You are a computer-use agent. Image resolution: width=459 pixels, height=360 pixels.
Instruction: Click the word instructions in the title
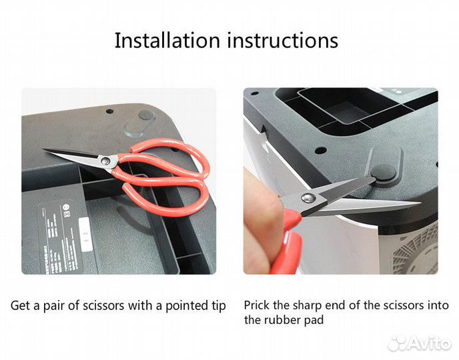point(283,40)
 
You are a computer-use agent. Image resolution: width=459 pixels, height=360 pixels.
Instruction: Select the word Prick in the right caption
point(257,305)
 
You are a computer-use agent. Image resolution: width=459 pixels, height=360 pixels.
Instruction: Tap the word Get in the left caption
point(20,306)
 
